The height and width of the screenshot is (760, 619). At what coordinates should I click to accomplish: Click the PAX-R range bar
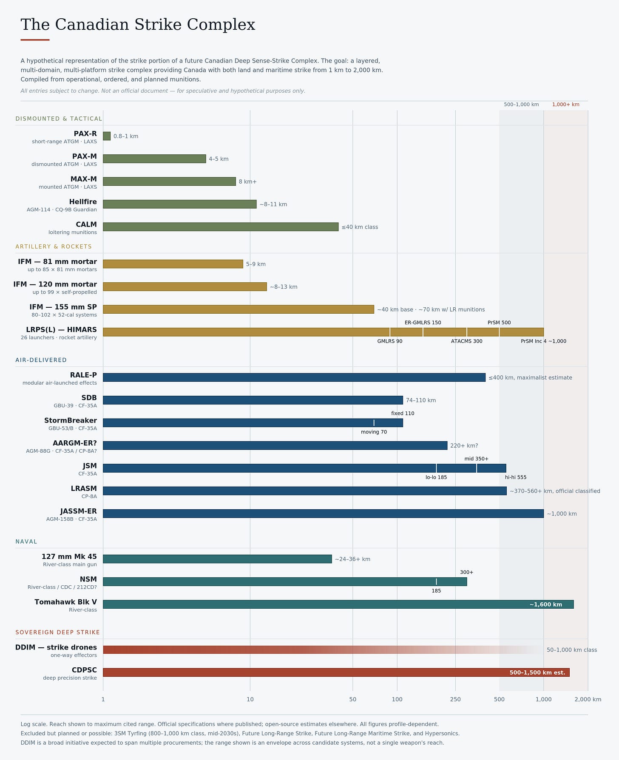coord(107,136)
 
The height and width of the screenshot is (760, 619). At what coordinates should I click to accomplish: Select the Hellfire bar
coord(179,204)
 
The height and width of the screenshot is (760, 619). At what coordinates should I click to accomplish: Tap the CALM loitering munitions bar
coord(221,227)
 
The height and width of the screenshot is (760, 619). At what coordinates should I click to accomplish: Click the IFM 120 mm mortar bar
coord(185,286)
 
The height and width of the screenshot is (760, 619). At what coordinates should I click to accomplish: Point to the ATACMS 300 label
coord(466,341)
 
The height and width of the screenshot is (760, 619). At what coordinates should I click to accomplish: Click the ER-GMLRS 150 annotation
coord(423,323)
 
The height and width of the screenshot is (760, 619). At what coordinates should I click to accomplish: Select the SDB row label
coord(89,398)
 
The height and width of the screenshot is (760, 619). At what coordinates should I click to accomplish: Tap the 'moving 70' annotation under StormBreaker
coord(374,432)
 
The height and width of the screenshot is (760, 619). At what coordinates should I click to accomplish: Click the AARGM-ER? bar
coord(275,445)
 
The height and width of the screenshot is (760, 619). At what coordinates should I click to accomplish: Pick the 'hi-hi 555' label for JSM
coord(516,477)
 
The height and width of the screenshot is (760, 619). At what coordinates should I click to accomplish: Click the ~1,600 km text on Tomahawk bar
coord(546,604)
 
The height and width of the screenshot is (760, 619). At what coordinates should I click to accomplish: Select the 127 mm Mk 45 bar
coord(217,559)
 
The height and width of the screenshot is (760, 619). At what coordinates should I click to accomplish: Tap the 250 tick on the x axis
coord(455,700)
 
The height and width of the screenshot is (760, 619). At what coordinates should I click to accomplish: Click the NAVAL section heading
coord(26,542)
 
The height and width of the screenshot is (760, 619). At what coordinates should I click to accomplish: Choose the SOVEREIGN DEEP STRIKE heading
coord(58,632)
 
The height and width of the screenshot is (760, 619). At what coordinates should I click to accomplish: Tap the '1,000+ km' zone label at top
coord(565,105)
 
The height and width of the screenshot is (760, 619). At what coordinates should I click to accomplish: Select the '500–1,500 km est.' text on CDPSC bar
coord(537,672)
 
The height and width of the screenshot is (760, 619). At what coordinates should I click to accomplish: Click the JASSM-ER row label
coord(79,511)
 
